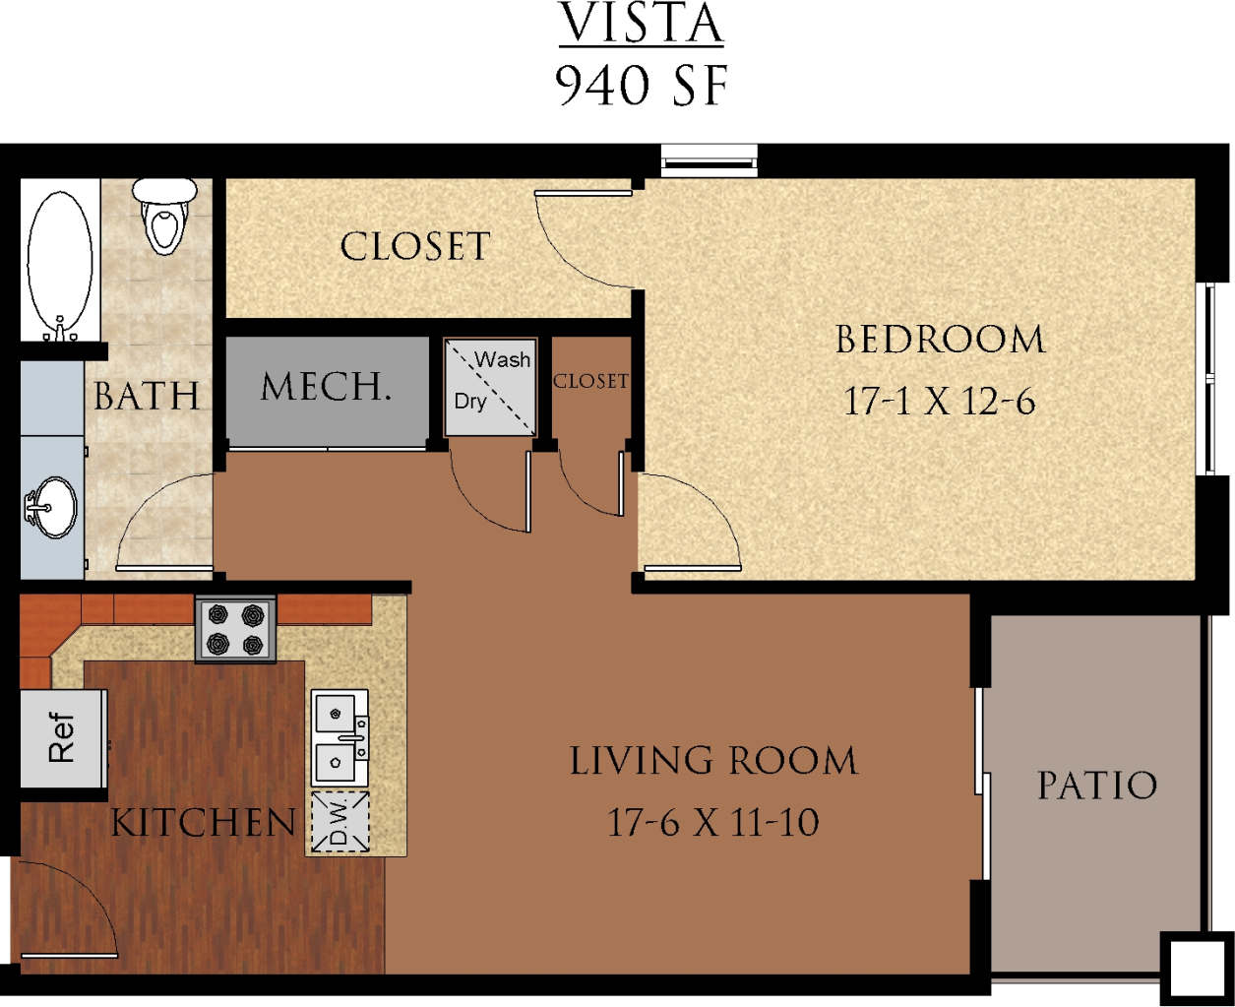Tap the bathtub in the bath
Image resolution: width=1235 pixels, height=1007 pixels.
(60, 260)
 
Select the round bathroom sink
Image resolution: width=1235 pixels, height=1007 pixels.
(49, 507)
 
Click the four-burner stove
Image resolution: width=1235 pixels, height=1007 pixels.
(235, 629)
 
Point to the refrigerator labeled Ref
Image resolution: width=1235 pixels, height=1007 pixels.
(62, 737)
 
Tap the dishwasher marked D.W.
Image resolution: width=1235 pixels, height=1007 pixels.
(340, 821)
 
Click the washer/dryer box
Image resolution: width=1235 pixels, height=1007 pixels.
(490, 386)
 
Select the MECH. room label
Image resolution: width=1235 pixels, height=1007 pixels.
(326, 387)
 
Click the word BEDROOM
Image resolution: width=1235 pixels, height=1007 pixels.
(940, 341)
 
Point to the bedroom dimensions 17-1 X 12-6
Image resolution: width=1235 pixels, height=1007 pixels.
(940, 401)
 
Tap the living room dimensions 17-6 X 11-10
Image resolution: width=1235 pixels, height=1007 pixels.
(712, 821)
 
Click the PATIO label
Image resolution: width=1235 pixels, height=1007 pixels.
(1096, 786)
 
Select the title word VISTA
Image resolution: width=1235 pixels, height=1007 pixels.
(642, 26)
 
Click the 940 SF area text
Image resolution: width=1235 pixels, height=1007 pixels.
(642, 87)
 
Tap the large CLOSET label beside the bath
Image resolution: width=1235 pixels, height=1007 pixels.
(414, 247)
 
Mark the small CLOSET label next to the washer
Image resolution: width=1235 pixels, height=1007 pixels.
(589, 381)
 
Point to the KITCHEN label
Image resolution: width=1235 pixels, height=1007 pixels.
(203, 823)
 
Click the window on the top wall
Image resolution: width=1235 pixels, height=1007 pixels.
(709, 160)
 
